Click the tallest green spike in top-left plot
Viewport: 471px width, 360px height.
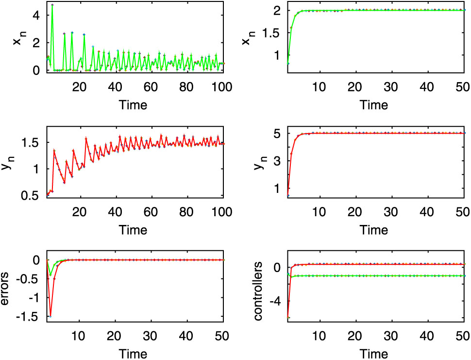pos(52,5)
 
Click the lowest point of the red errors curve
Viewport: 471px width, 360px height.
pos(50,316)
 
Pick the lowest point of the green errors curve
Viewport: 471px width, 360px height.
pos(50,275)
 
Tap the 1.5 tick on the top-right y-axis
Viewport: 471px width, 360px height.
pos(275,33)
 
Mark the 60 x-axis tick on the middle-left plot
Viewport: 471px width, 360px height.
pos(152,211)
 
